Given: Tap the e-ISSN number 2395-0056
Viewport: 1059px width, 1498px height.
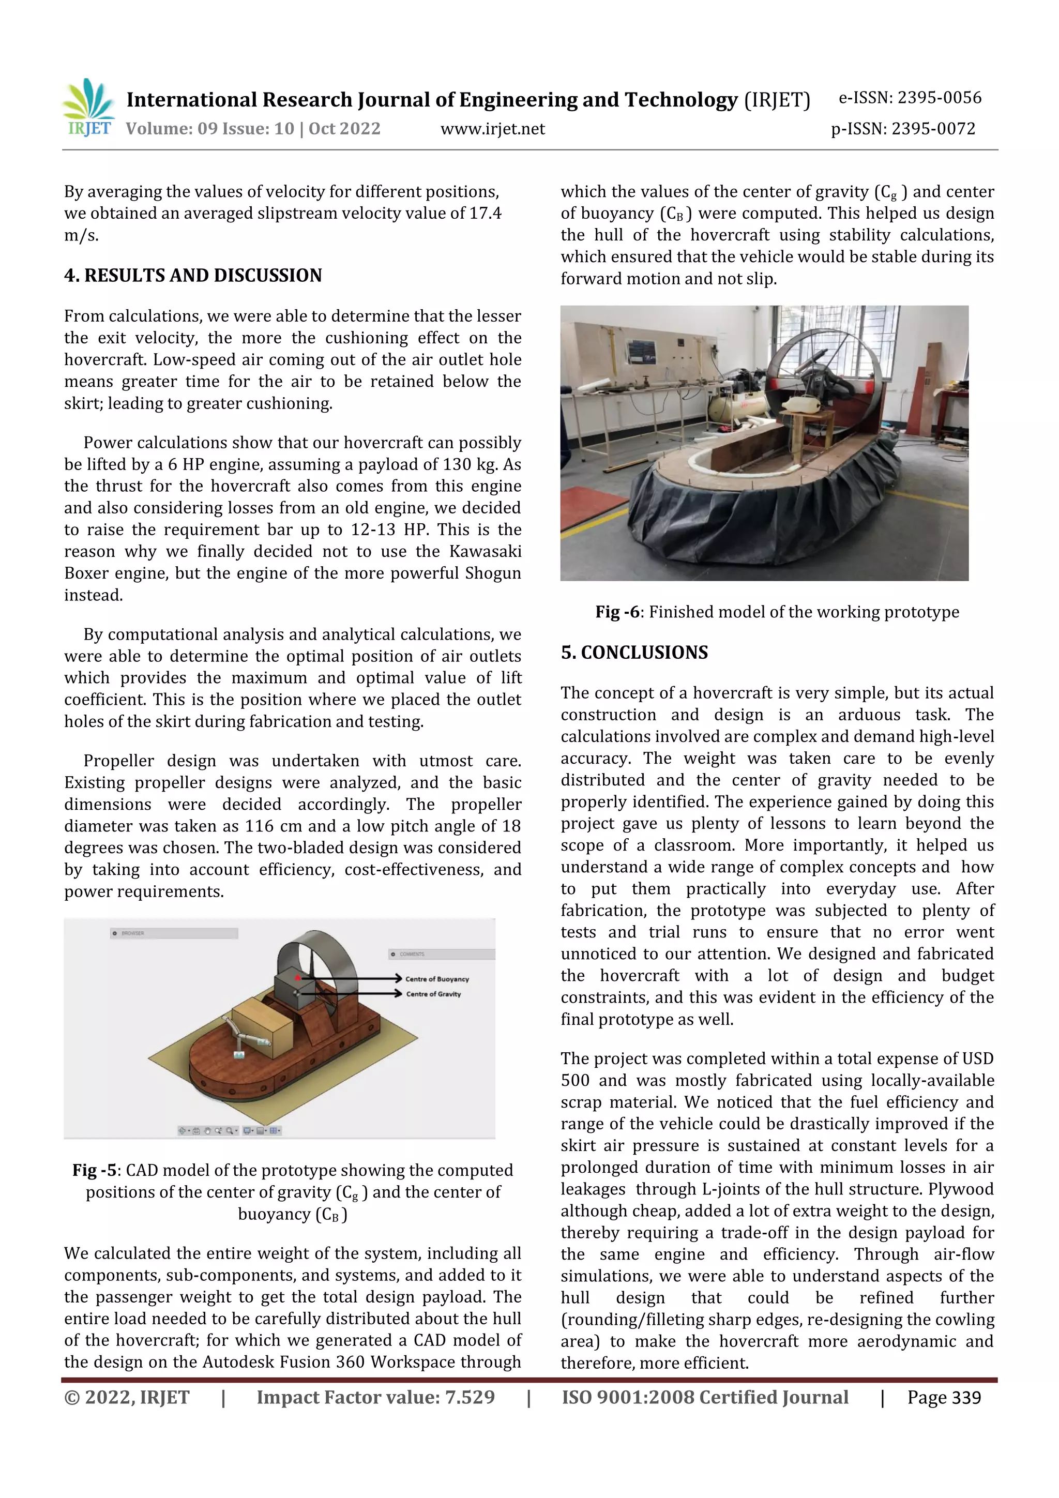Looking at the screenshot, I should click(939, 98).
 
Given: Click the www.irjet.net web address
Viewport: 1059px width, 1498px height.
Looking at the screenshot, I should click(493, 129).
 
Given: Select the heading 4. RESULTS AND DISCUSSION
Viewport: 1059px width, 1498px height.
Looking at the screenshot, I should click(193, 275).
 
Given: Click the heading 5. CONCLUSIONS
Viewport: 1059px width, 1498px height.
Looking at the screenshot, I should click(634, 653).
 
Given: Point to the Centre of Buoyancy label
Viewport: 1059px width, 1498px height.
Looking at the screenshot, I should click(436, 979).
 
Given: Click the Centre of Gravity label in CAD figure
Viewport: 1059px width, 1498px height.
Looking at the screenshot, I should click(433, 994).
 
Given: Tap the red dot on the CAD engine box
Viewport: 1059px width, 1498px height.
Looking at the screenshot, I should click(297, 977).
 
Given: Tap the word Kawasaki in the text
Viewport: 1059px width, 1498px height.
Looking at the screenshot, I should click(485, 552).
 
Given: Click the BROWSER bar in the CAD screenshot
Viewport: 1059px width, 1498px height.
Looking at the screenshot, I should click(174, 933).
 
